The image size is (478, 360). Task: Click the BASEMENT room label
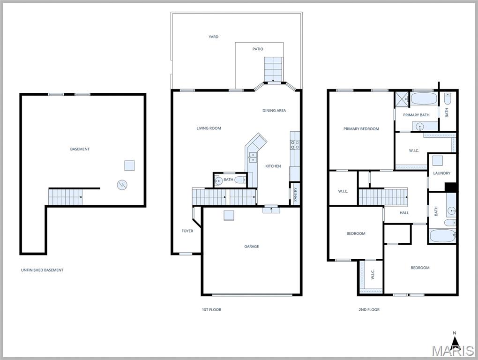click(80, 149)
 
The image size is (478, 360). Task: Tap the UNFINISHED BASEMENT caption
click(42, 270)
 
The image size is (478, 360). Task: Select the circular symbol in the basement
click(121, 185)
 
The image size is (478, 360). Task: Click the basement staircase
click(65, 197)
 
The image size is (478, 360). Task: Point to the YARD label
click(213, 37)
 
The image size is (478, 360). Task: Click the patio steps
click(274, 69)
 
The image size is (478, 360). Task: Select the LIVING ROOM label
click(209, 128)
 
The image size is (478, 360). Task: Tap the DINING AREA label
click(274, 111)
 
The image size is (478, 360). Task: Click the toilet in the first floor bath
click(240, 180)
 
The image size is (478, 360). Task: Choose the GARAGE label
click(251, 247)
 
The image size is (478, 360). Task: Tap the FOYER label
click(187, 231)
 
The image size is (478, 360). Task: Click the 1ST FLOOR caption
click(211, 309)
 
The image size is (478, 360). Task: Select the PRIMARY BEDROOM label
click(361, 129)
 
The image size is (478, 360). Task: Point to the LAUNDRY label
click(441, 173)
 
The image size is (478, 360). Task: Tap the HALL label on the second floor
click(404, 213)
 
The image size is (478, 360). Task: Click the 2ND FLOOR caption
click(369, 309)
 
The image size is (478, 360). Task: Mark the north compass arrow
click(454, 340)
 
